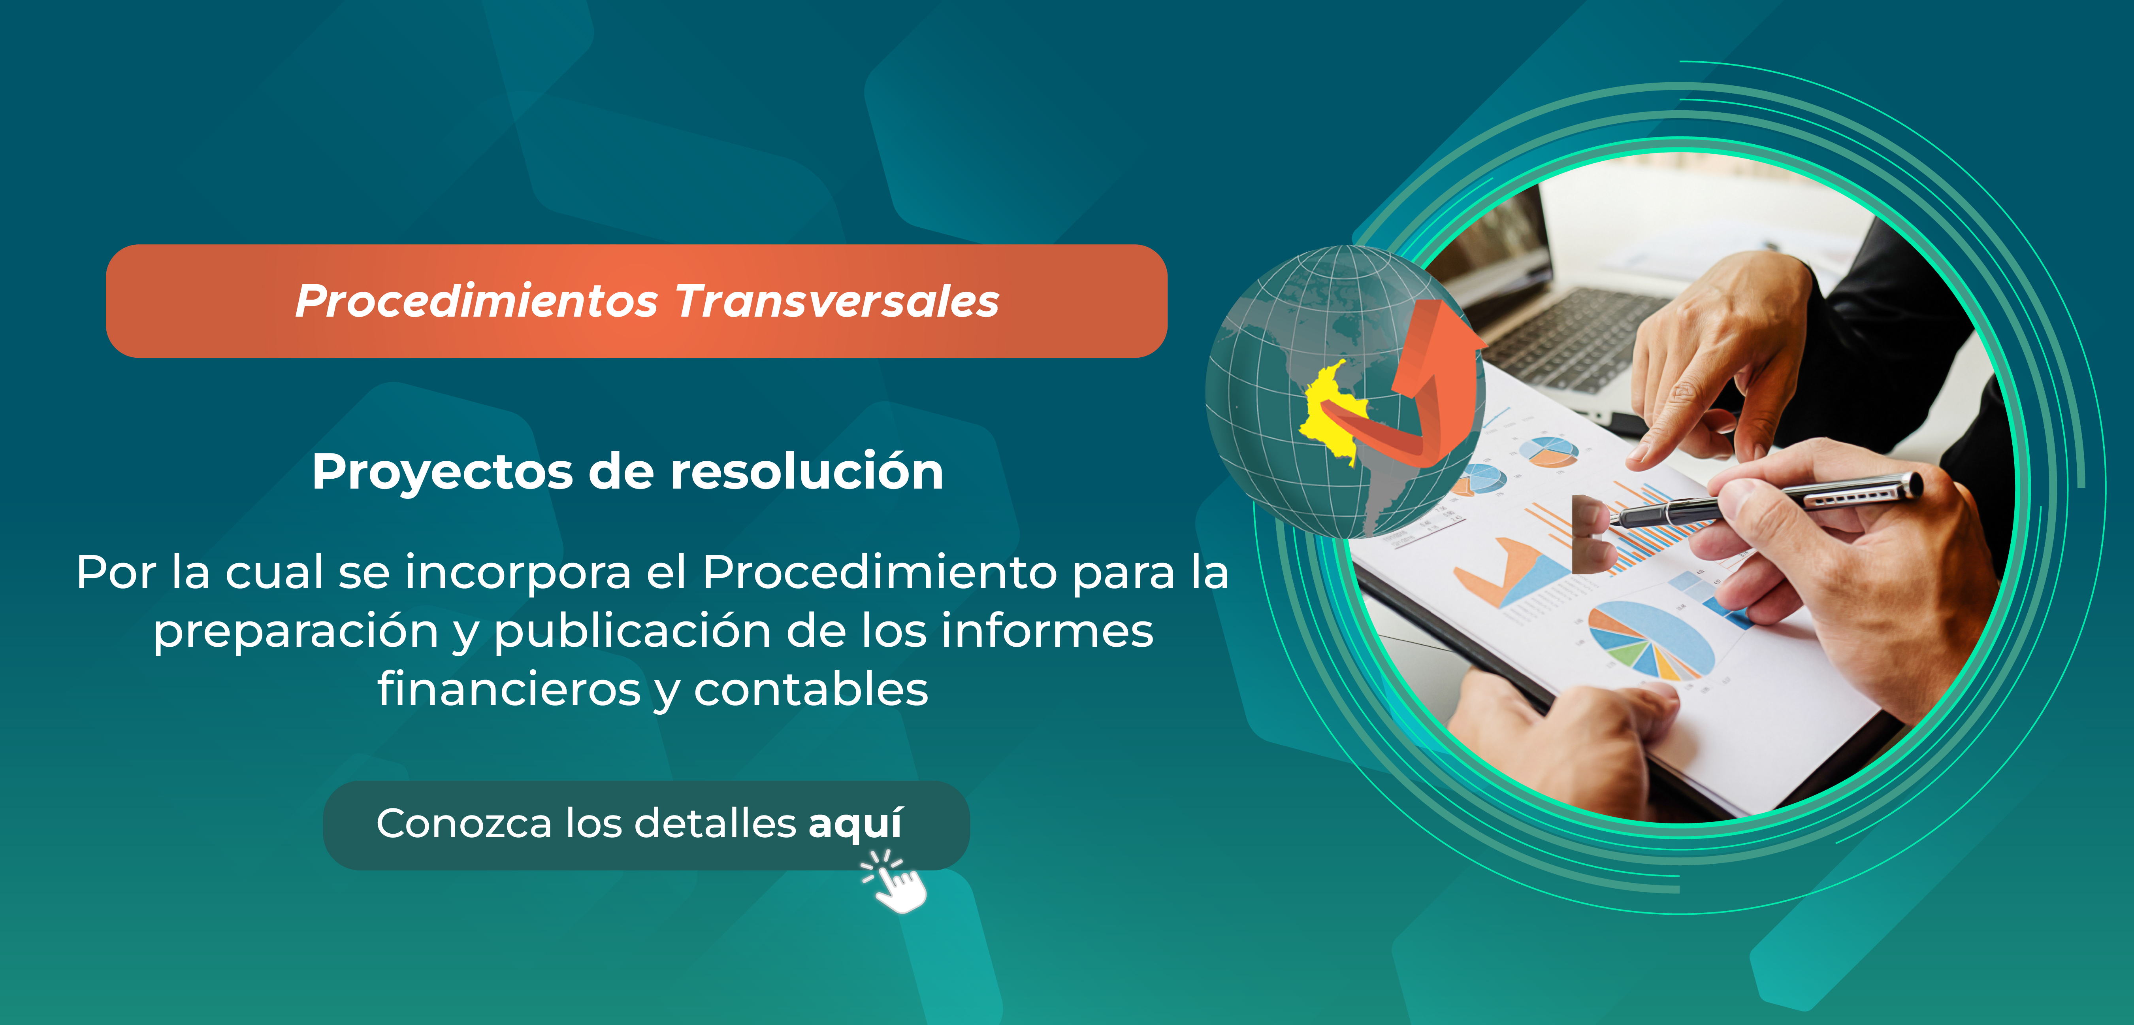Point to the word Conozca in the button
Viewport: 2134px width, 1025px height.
click(x=464, y=824)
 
